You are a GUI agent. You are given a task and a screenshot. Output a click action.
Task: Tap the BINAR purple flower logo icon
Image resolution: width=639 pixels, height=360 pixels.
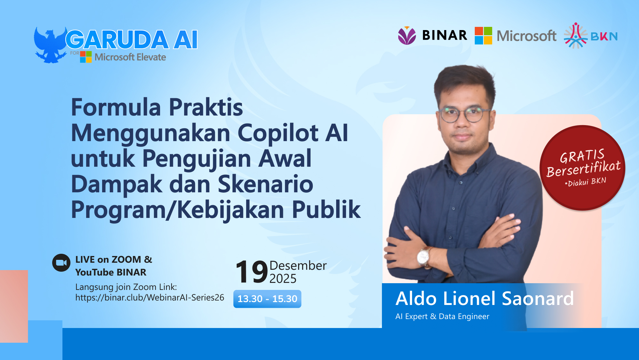[407, 36]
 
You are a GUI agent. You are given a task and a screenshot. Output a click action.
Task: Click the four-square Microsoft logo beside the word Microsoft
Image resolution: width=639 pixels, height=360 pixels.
[483, 36]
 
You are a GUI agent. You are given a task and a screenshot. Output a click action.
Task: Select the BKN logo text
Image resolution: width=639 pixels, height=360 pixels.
[604, 36]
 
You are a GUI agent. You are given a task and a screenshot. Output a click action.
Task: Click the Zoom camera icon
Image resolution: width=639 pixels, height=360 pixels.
[61, 263]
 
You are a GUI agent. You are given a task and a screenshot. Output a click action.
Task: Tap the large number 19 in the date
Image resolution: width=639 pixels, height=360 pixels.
[251, 272]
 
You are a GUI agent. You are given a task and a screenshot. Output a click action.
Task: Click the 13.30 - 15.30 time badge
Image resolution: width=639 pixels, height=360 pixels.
[267, 299]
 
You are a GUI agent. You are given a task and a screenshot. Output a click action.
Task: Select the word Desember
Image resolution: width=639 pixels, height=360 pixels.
[298, 266]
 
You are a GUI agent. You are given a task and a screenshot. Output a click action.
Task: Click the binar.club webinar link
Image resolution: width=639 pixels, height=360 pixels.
[150, 298]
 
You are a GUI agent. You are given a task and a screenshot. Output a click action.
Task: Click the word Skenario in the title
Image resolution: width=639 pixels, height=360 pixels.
[265, 184]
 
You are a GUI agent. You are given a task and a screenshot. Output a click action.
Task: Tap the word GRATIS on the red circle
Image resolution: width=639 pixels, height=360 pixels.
[582, 156]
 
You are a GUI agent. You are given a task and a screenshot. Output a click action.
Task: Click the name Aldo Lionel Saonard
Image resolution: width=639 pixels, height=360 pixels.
[484, 299]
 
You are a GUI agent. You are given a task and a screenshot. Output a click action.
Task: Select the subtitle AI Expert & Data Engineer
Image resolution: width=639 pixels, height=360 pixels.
[442, 316]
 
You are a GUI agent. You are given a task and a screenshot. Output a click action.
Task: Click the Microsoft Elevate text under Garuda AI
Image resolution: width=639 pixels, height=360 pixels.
[130, 57]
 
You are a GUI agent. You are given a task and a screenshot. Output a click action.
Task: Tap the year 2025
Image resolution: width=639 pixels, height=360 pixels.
[283, 279]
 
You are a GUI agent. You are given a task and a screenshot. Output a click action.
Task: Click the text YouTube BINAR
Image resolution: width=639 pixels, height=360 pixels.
[111, 272]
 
